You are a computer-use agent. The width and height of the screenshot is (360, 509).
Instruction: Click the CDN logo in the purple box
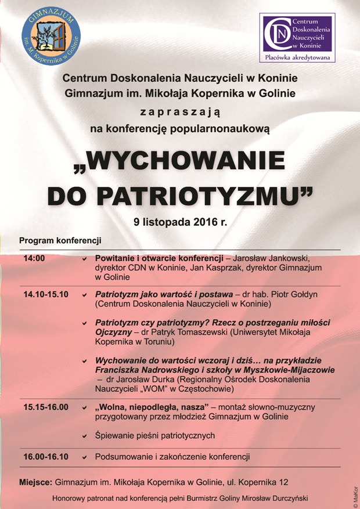tap(297, 34)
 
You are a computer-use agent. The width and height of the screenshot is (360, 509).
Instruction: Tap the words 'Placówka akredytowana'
tap(297, 57)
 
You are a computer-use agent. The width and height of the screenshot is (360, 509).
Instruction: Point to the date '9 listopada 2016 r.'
tap(179, 222)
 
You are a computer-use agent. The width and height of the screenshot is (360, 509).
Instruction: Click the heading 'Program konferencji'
tap(60, 240)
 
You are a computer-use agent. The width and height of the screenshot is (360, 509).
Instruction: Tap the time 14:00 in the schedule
tap(34, 258)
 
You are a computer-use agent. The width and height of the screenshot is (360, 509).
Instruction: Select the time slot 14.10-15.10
tap(46, 295)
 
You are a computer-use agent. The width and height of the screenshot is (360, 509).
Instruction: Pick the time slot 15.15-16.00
tap(46, 407)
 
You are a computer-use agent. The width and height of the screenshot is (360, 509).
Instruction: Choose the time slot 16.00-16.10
tap(46, 457)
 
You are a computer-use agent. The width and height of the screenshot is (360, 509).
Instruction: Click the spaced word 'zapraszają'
tap(180, 110)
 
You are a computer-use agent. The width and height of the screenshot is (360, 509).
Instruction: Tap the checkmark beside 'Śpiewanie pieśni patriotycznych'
tap(85, 436)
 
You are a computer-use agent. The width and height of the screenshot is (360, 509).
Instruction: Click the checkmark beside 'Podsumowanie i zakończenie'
tap(85, 457)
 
